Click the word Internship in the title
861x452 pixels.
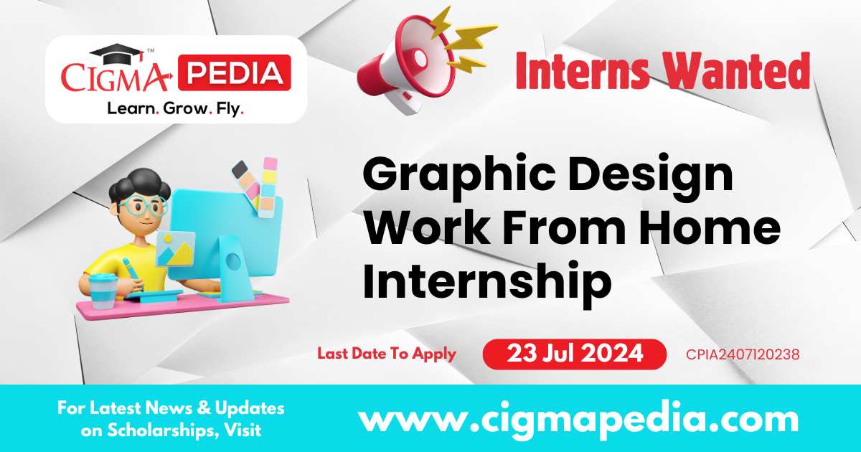(x=487, y=281)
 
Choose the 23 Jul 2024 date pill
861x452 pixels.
(x=573, y=354)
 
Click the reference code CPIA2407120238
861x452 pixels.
(x=743, y=354)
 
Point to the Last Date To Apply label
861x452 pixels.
(x=387, y=354)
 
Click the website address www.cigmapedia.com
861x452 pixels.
(x=578, y=418)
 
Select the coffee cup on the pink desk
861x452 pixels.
(x=105, y=289)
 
